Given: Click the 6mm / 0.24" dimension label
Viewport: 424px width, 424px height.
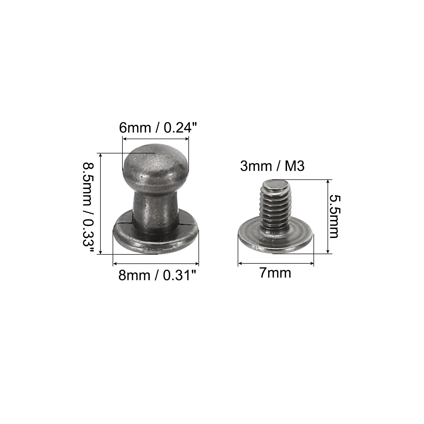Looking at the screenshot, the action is pos(158,127).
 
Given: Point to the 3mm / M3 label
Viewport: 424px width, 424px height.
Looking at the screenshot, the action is pos(272,166).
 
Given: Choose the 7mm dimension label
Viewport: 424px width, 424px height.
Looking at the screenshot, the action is pos(275,273).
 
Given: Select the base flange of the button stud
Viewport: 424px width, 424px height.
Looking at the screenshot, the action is pos(156,236).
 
